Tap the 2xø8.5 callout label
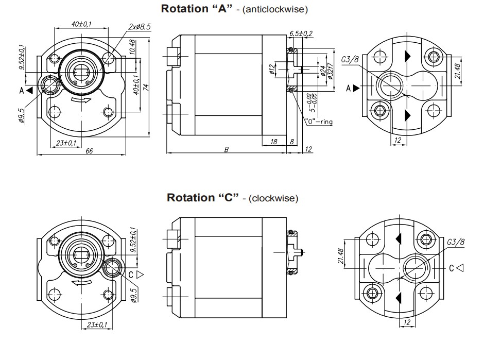click(139, 27)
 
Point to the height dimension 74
click(146, 88)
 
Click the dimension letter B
click(226, 149)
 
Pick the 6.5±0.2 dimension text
click(301, 33)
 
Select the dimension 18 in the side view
click(273, 141)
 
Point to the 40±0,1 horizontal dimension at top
click(81, 24)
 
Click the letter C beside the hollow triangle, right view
click(452, 268)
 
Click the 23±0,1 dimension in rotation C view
click(97, 324)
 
